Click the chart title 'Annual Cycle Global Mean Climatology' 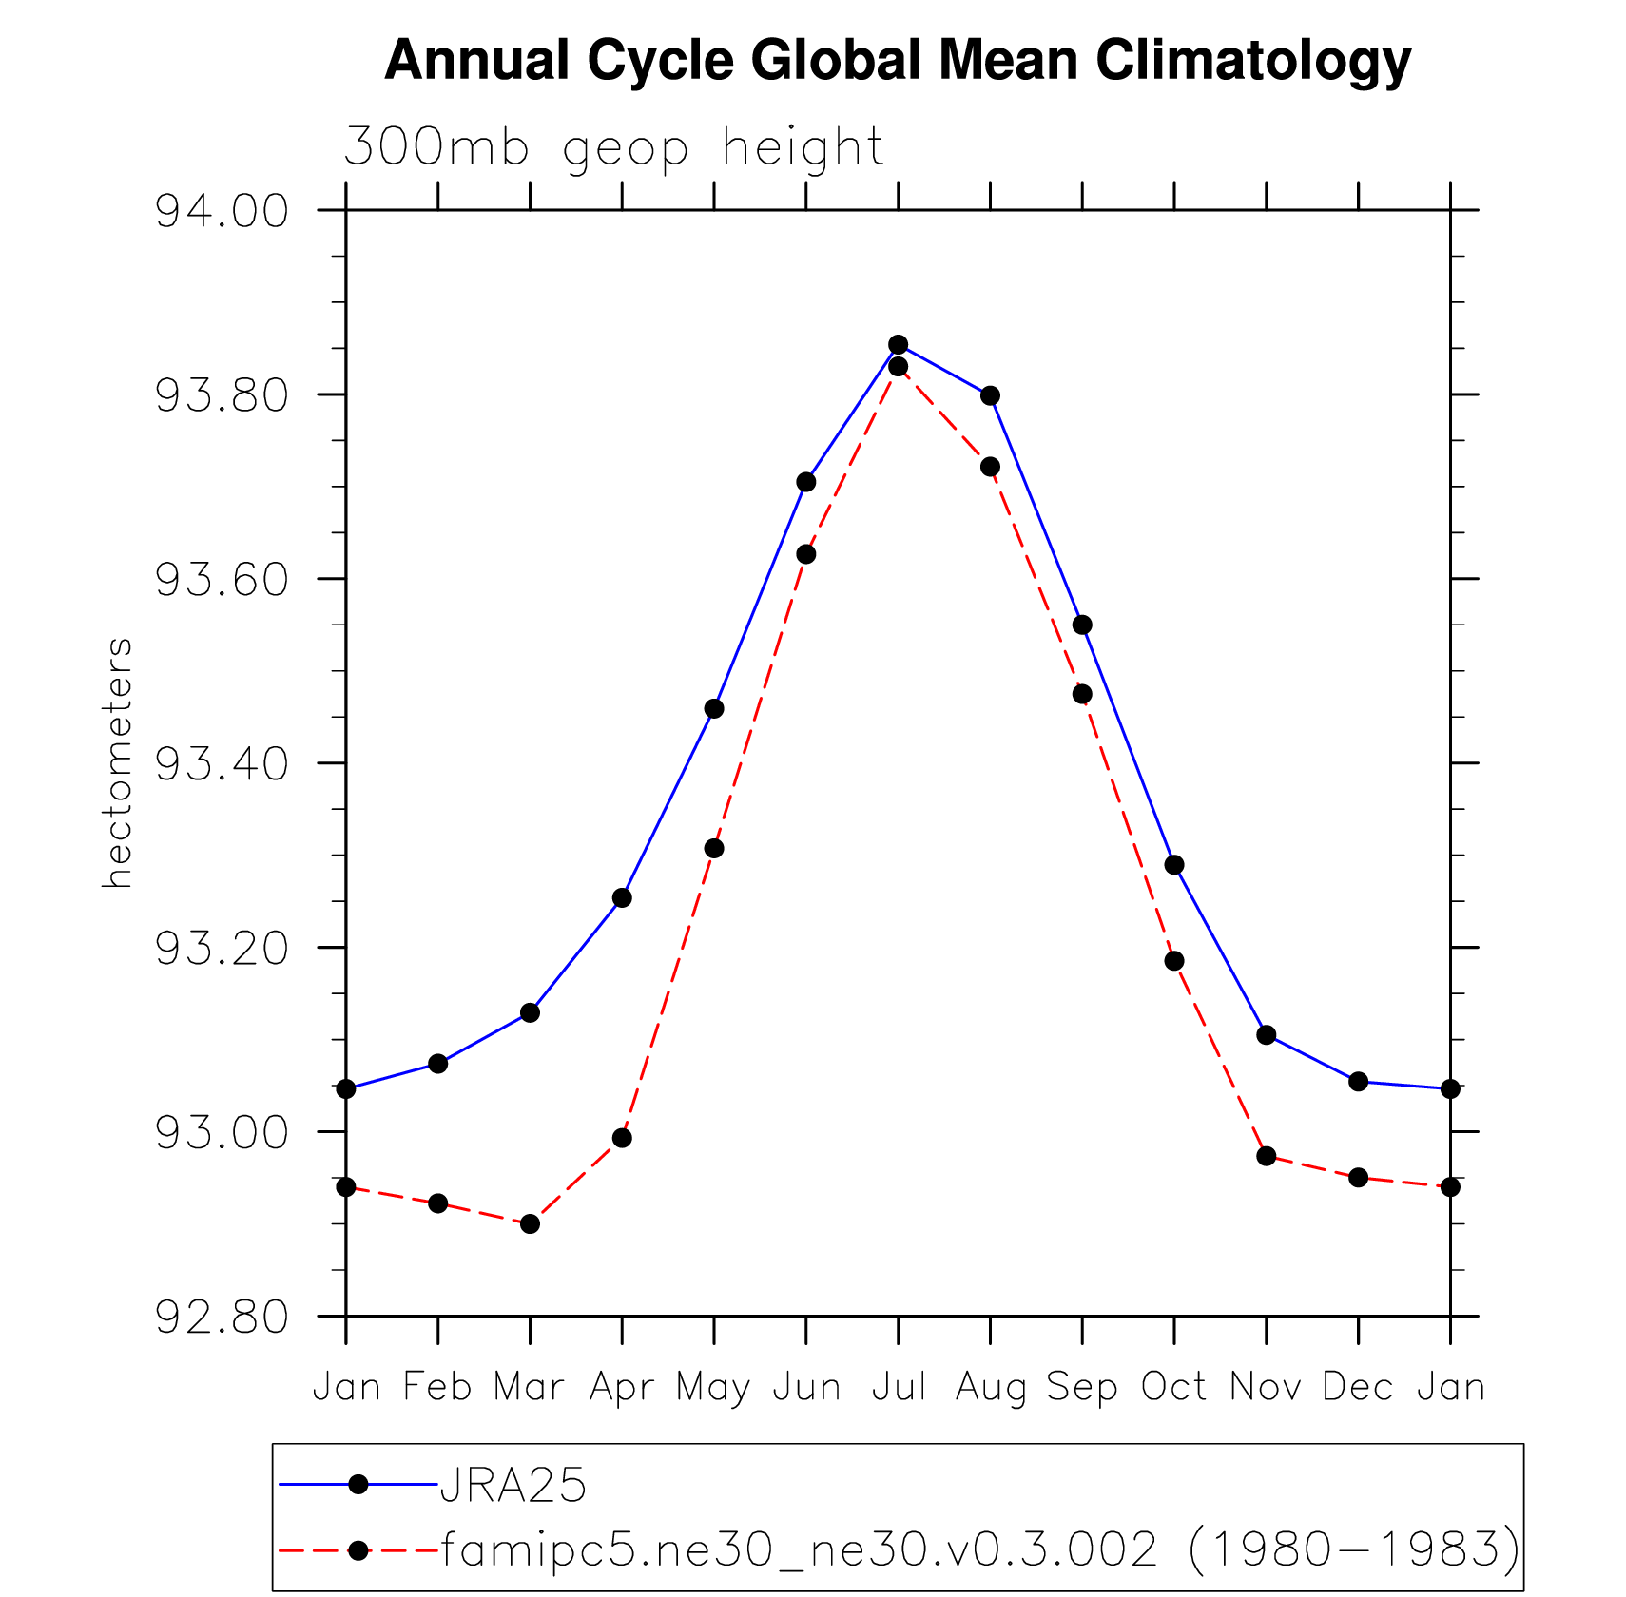click(898, 61)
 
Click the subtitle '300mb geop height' click(613, 147)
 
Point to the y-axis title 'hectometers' click(118, 762)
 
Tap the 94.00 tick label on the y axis click(222, 211)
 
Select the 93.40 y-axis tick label click(222, 764)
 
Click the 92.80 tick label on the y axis click(222, 1318)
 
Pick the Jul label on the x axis click(899, 1388)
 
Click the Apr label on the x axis click(622, 1388)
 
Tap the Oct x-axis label click(1174, 1388)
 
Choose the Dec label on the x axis click(1358, 1388)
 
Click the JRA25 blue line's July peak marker click(899, 344)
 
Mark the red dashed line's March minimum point click(531, 1223)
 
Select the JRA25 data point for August click(990, 395)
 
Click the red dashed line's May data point click(714, 848)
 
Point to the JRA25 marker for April click(622, 897)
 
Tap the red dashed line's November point click(1267, 1156)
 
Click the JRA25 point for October click(1174, 865)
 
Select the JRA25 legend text click(513, 1486)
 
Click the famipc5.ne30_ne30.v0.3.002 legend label click(979, 1550)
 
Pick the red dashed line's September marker click(1082, 694)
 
